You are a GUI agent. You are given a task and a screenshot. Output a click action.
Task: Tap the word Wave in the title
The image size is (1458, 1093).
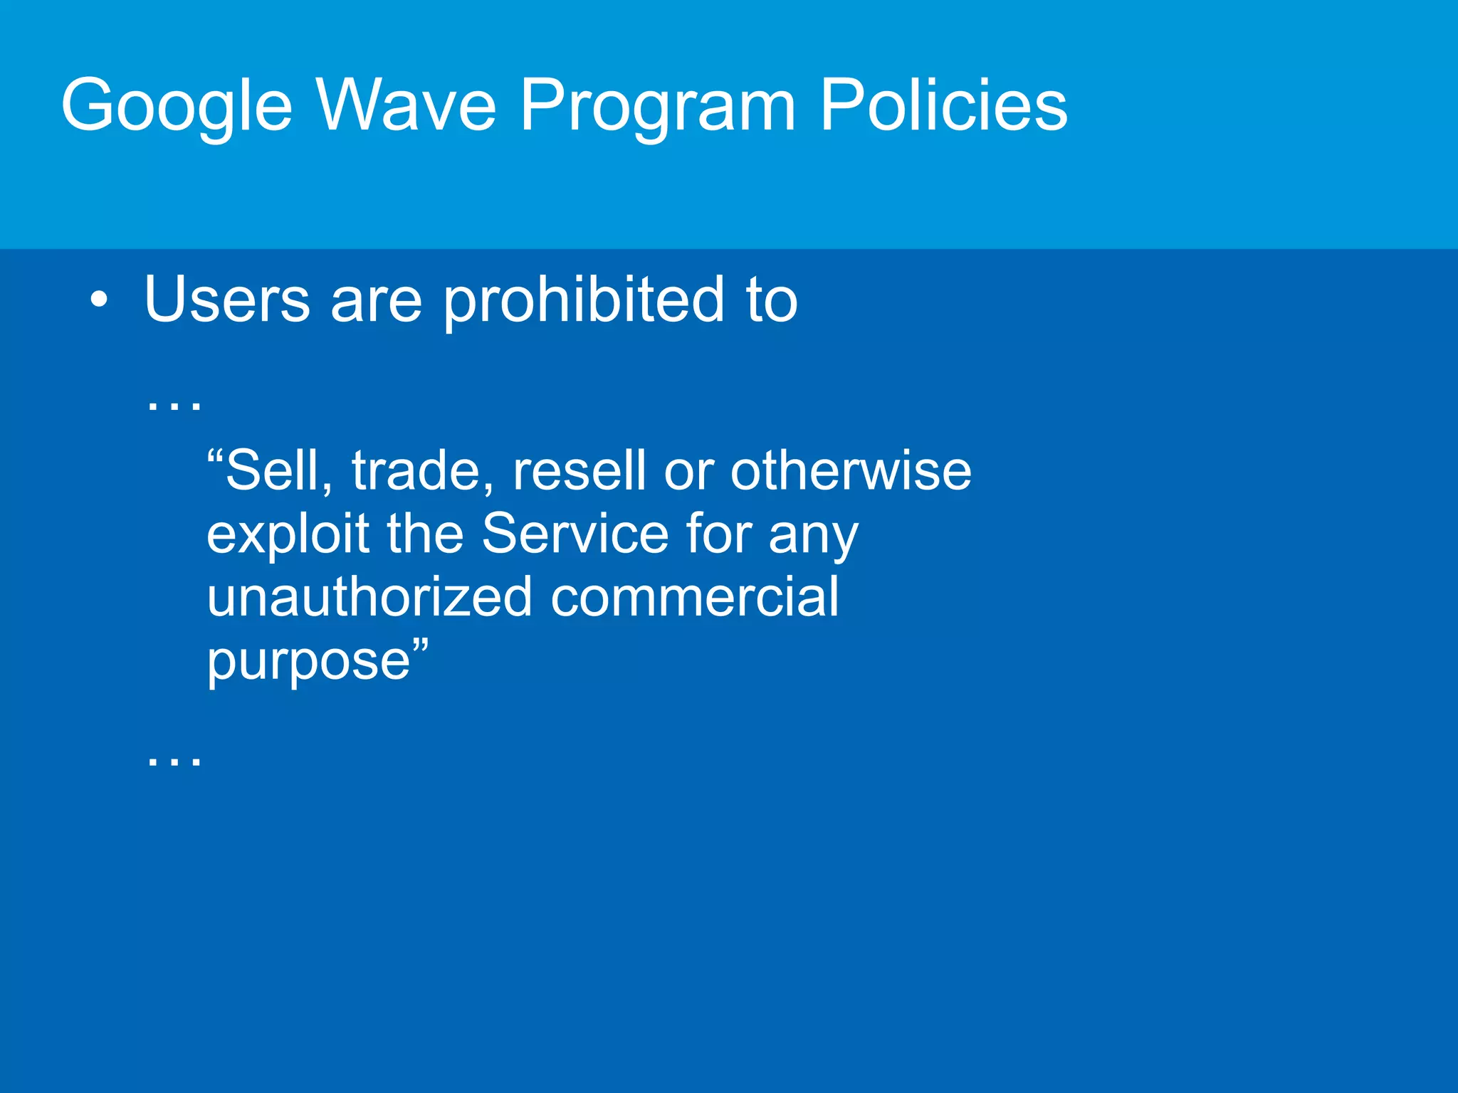406,105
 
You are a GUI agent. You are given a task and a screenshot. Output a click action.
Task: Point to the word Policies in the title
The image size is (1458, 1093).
943,105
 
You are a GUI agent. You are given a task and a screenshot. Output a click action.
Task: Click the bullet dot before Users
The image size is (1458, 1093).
100,300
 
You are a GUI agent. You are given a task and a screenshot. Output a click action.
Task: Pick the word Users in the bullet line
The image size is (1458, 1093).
227,299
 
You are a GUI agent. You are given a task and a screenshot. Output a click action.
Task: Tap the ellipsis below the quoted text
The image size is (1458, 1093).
174,760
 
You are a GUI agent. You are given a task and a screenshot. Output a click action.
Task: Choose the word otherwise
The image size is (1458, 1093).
850,471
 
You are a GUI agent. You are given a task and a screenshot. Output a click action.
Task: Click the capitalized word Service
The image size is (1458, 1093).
575,534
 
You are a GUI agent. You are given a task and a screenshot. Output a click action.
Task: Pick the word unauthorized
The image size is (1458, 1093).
369,596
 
